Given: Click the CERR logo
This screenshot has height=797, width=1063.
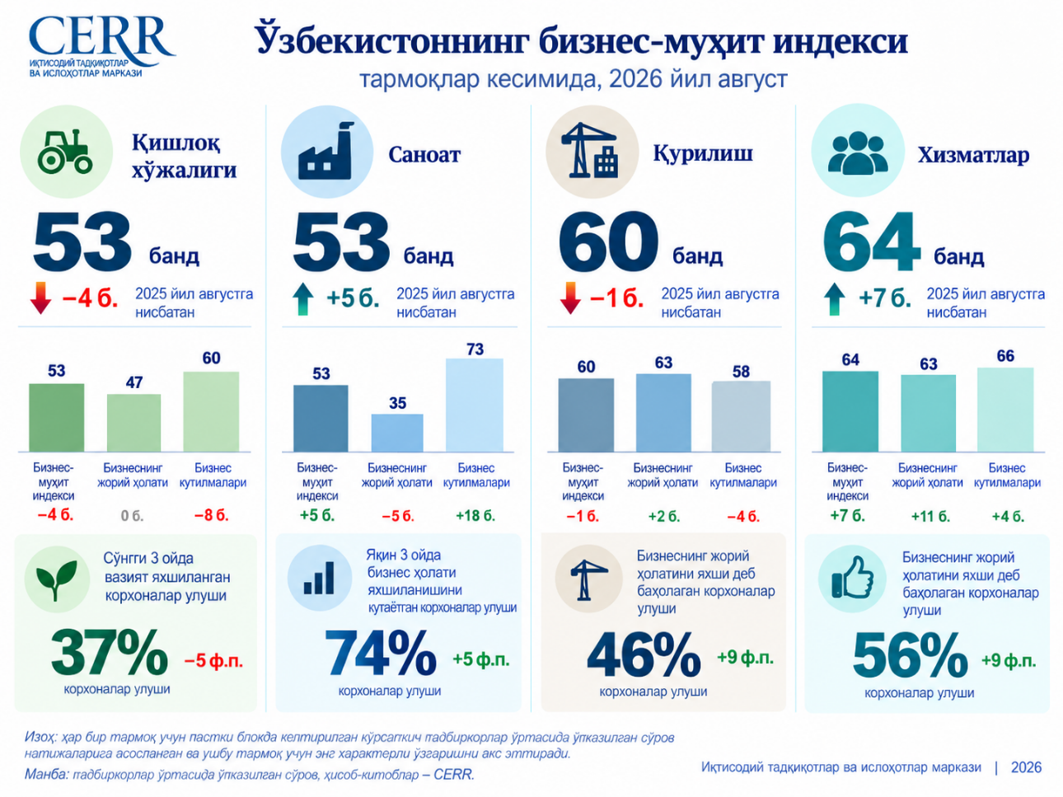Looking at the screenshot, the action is pos(101,47).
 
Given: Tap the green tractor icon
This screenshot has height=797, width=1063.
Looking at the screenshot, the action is pos(65,151).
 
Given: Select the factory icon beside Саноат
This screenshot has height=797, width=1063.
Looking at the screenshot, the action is pos(325,151).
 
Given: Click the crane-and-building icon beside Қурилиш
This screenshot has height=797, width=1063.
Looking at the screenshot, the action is pos(590,150).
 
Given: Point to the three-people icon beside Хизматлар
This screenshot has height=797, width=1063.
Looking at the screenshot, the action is pos(857,153).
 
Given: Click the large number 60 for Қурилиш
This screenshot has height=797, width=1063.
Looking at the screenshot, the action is pos(608,241).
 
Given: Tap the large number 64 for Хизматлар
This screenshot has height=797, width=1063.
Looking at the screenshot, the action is pos(871,241).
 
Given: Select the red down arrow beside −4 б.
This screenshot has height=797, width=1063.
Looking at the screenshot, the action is pos(40,298).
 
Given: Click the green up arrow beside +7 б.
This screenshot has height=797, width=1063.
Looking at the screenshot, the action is pos(834,299).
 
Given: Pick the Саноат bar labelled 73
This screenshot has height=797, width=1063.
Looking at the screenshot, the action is pos(475,406).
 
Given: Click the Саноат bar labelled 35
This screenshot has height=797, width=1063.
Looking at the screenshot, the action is pos(397,433).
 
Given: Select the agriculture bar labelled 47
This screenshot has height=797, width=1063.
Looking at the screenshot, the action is pos(133,423).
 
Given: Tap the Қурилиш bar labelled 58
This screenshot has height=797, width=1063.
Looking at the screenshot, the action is pos(741,416).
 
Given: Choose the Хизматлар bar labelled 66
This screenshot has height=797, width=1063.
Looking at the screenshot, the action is pos(1005,410).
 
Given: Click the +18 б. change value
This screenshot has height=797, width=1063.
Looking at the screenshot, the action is pos(475,516).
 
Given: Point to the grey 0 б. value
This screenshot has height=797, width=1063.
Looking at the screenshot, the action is pos(132,516).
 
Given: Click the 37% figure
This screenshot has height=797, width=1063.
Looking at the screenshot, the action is pos(110,652).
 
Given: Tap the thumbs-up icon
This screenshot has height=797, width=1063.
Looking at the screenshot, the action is pos(852,578).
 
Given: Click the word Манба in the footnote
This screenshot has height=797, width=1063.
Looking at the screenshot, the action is pos(46,774).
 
